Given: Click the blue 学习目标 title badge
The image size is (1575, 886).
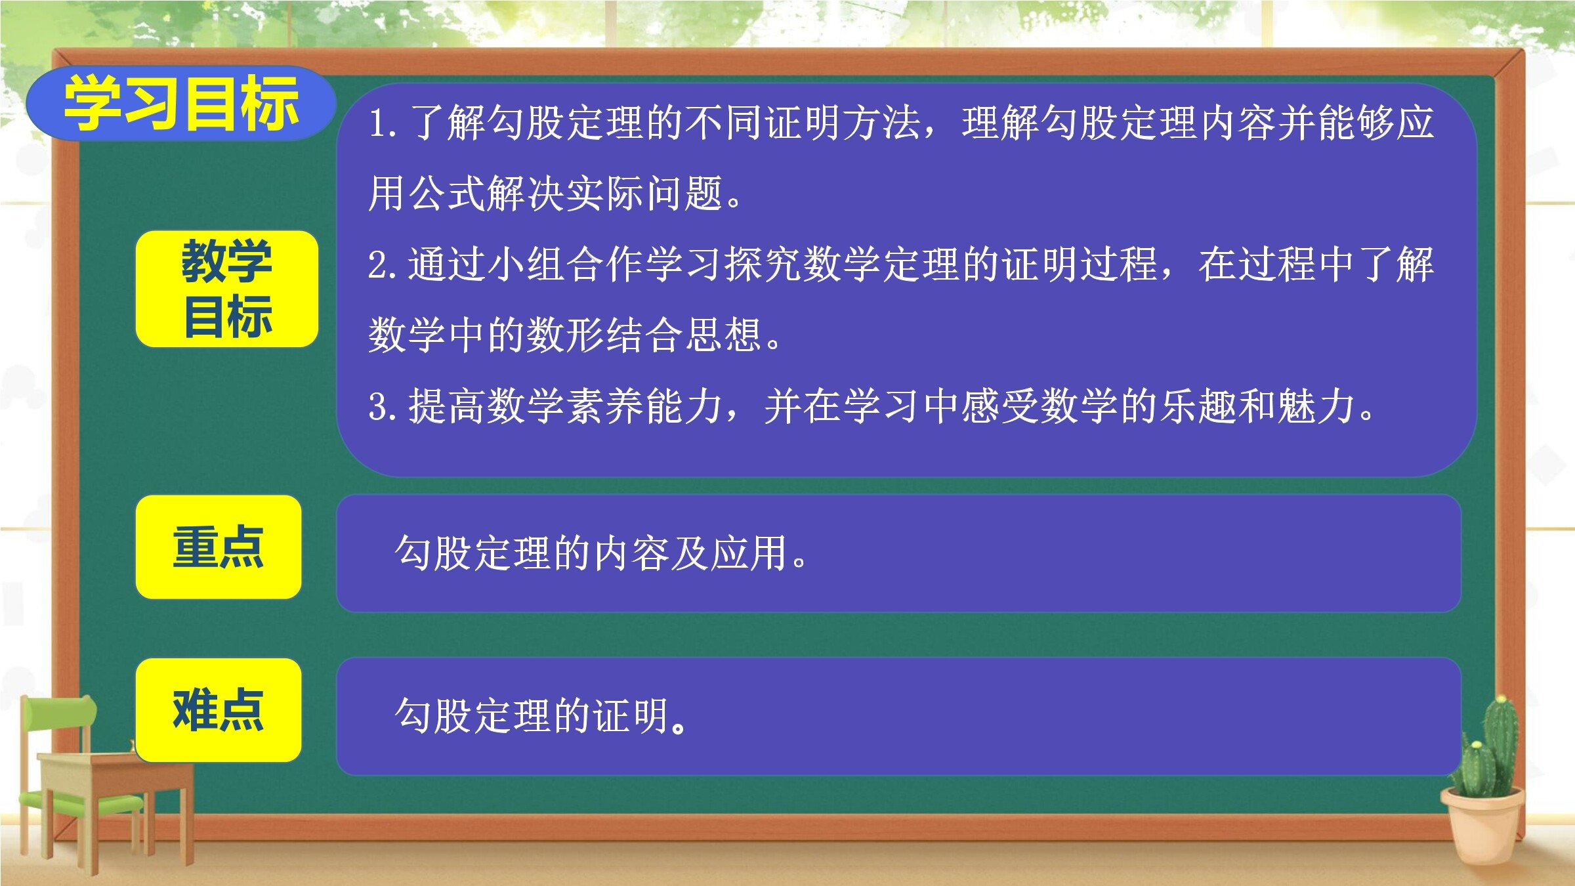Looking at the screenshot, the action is (x=181, y=103).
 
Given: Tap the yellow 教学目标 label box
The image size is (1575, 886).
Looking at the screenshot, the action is (x=227, y=289).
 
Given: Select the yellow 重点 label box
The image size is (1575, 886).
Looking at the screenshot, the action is (x=219, y=547).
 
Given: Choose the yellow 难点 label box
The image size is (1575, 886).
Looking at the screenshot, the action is (x=219, y=709).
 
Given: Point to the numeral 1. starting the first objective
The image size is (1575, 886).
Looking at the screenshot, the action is (x=382, y=123).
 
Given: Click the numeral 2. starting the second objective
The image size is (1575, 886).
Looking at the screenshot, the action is (x=382, y=265).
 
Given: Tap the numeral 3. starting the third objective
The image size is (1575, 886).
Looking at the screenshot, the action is (x=382, y=407).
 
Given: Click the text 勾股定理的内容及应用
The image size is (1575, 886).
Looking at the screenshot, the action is (x=591, y=553).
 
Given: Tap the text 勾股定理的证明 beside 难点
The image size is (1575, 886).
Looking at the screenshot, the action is (x=532, y=715).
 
